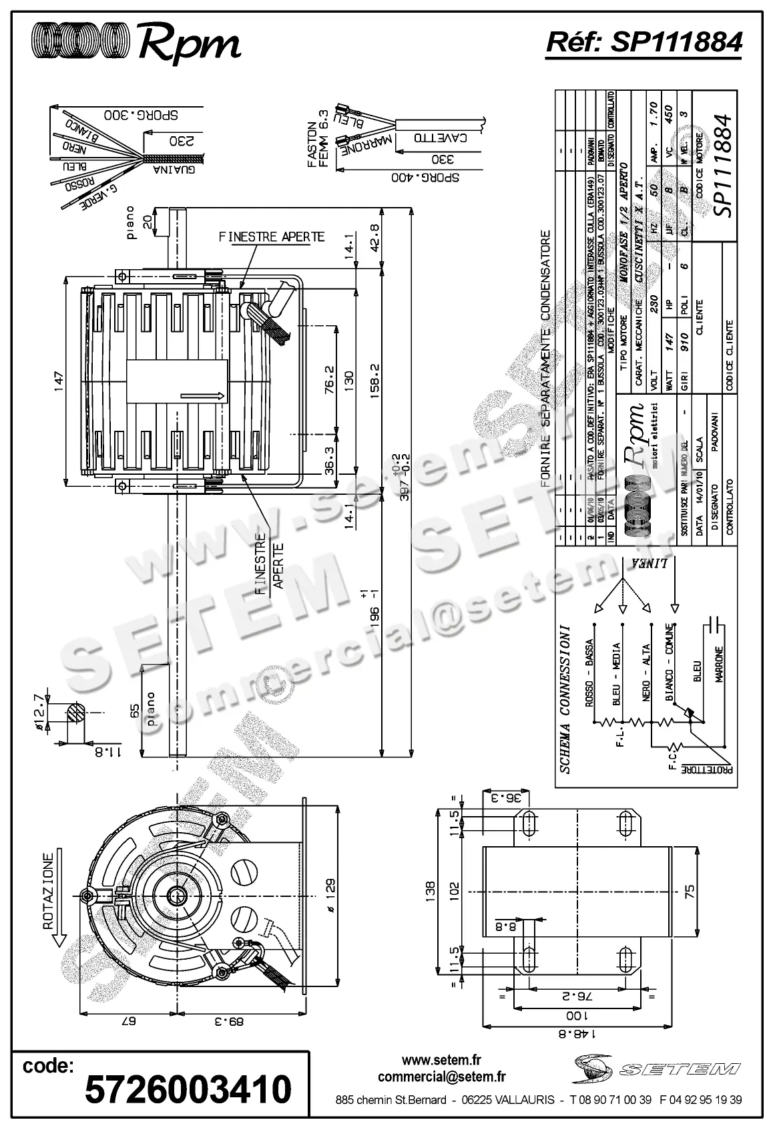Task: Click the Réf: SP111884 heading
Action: pyautogui.click(x=643, y=41)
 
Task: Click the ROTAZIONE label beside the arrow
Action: pyautogui.click(x=48, y=891)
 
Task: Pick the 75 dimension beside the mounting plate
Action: pyautogui.click(x=690, y=890)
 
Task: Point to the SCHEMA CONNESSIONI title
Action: pyautogui.click(x=565, y=699)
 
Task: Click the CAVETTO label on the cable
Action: pyautogui.click(x=439, y=139)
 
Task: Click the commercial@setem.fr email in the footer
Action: pyautogui.click(x=441, y=1077)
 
